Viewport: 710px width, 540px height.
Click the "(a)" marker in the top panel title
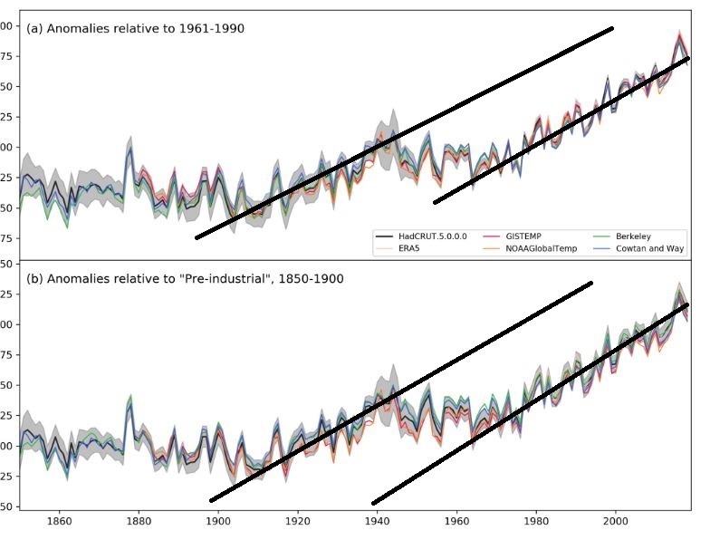35,29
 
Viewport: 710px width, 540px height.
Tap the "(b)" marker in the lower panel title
35,279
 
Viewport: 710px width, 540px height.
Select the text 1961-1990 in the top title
215,29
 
